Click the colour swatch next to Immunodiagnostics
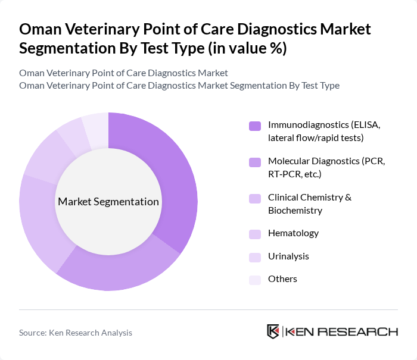coord(254,126)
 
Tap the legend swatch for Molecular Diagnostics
coord(254,162)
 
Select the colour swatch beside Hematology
coord(254,234)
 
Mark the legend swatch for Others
coord(254,279)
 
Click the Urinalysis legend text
coord(288,256)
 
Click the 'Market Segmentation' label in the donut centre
coord(108,202)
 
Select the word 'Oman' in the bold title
coord(40,29)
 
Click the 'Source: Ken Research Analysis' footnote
coord(76,333)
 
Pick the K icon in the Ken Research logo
coord(273,331)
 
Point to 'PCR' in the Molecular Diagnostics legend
coord(373,161)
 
